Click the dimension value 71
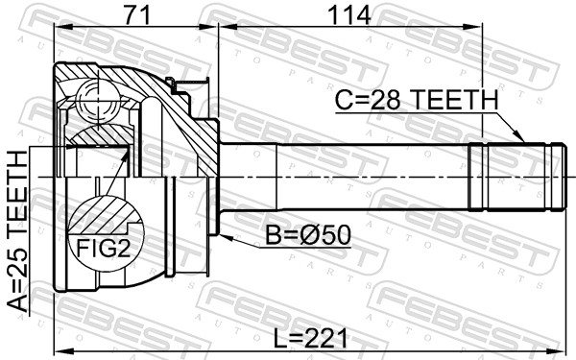coord(136,15)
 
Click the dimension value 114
coord(349,15)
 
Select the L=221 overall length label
coord(310,338)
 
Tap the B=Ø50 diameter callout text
coord(308,235)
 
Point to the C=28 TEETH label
coord(417,100)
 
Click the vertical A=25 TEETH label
coord(17,231)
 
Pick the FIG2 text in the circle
coord(104,249)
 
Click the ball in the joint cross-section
coord(98,101)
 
